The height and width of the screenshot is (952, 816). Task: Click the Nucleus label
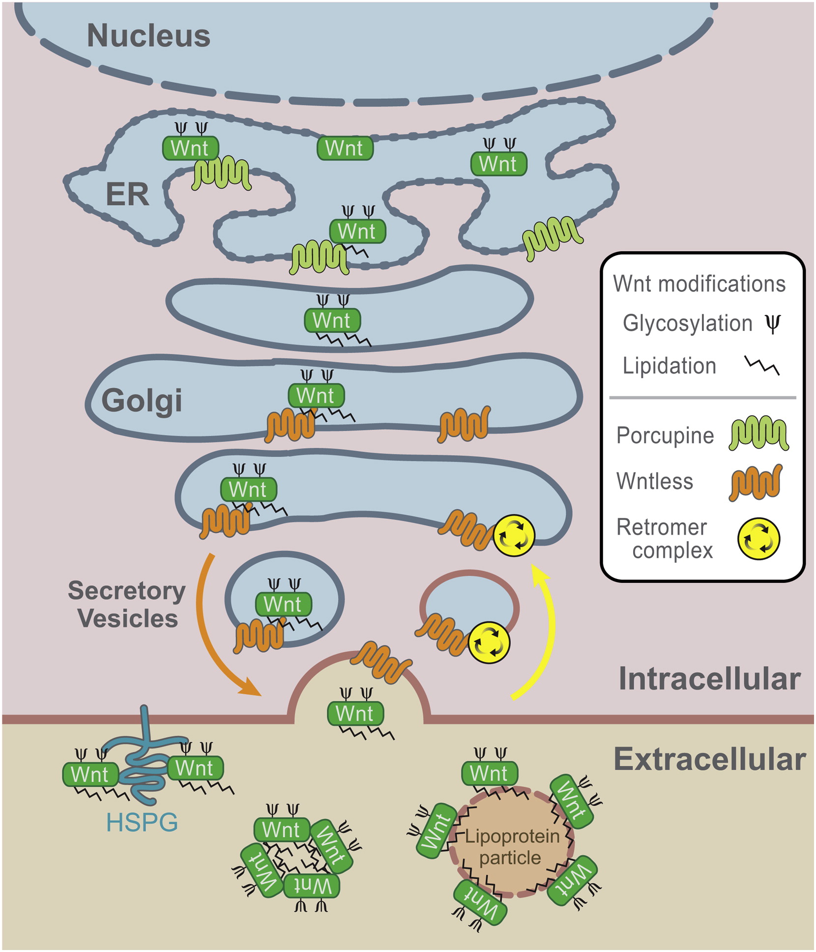[148, 36]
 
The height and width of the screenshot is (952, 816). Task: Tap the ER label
[127, 195]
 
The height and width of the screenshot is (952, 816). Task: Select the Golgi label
[142, 401]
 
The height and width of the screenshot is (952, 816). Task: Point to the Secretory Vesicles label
[127, 605]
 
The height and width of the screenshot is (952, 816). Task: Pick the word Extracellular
[709, 759]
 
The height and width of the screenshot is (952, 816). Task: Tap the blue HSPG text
[142, 822]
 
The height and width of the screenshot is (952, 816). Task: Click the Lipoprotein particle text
[512, 847]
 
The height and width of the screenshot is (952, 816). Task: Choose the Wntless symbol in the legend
[755, 483]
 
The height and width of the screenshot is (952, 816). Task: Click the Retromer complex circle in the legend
[758, 539]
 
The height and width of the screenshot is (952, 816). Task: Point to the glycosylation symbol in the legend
[773, 323]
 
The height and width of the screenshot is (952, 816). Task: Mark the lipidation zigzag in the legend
[761, 366]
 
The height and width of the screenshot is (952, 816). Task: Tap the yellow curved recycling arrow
[546, 634]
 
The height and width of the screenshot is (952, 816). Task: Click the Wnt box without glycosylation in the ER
[345, 148]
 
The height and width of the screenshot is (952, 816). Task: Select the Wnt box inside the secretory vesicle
[283, 605]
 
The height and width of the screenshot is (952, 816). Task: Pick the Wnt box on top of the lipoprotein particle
[489, 774]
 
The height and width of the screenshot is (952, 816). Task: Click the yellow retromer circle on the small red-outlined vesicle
[489, 643]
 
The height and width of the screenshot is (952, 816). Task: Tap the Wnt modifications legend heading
[699, 284]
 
